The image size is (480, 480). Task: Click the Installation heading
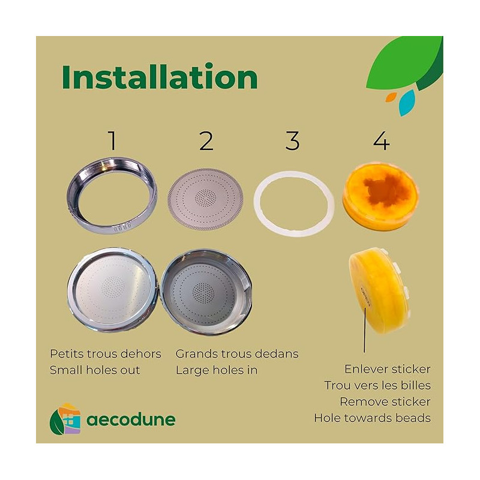coord(160,76)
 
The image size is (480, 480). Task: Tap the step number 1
coord(113,140)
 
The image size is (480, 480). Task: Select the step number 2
coord(206,140)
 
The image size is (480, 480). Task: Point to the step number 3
coord(292,140)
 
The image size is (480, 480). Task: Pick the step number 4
coord(382,141)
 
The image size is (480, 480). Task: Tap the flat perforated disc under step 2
coord(205,199)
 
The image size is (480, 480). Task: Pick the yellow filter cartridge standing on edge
coord(379,290)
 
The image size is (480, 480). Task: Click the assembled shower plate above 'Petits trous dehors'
coord(112,289)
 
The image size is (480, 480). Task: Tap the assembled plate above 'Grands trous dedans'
coord(206,291)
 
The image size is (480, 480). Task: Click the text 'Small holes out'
coord(95,370)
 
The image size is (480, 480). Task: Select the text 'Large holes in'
coord(217,370)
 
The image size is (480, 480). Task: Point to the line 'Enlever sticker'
coord(388,369)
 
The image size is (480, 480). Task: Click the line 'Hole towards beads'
coord(372,418)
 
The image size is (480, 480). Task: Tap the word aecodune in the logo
coord(131,419)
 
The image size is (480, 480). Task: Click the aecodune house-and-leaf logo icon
coord(65,419)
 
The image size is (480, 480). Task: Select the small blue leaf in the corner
coord(407,103)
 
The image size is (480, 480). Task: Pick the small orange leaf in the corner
coord(391,97)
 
